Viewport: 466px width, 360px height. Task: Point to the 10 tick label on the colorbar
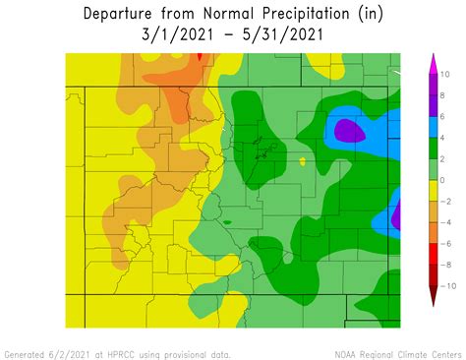tap(444, 74)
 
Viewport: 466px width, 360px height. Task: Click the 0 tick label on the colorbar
tap(442, 180)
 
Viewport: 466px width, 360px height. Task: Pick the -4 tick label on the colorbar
tap(444, 222)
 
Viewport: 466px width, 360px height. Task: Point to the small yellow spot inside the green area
tap(303, 161)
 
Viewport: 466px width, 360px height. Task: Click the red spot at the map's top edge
tap(199, 57)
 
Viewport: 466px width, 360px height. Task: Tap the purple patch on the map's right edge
tap(396, 214)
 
